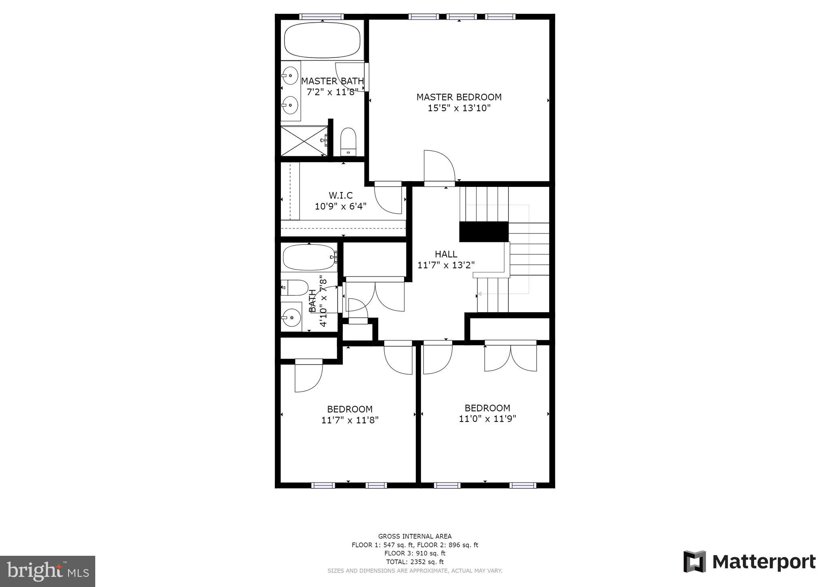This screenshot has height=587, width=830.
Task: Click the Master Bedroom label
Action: tap(459, 97)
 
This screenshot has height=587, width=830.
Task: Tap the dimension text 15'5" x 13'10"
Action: tap(459, 108)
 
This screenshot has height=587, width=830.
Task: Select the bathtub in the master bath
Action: tap(322, 40)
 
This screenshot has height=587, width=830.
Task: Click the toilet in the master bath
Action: tap(348, 141)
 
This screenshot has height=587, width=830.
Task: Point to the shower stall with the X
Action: tap(304, 141)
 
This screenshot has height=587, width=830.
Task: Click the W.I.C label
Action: tap(340, 195)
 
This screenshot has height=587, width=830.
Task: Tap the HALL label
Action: tap(446, 254)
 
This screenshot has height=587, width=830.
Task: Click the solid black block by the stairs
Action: tap(483, 231)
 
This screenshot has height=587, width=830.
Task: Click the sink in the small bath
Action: tap(291, 317)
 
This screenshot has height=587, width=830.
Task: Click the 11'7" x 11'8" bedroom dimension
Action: tap(350, 420)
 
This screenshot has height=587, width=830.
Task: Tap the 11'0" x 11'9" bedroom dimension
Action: tap(487, 419)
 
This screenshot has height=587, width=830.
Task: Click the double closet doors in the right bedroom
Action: tap(511, 357)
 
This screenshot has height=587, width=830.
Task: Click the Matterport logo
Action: tap(749, 562)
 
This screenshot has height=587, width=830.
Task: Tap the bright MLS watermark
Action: tap(47, 572)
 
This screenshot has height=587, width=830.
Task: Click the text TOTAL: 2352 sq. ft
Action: tap(415, 562)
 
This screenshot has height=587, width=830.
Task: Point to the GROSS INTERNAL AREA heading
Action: tap(415, 536)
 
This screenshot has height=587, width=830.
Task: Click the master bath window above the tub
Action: tap(321, 17)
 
